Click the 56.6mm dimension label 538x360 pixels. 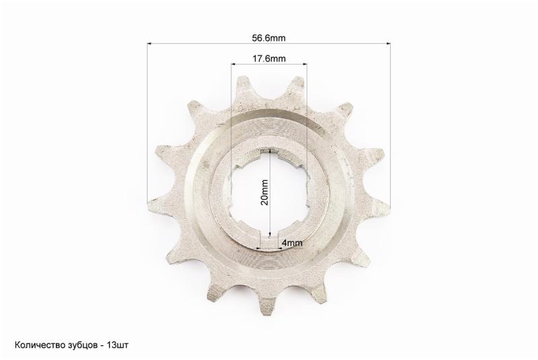click(268, 38)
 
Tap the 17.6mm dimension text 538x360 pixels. click(269, 59)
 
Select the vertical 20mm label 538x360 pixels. click(264, 192)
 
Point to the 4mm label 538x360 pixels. click(292, 243)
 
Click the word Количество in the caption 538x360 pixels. click(38, 345)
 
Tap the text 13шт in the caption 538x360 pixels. click(118, 345)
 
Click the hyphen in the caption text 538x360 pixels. click(102, 346)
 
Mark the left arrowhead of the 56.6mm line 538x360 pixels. click(149, 44)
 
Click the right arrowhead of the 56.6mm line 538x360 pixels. click(389, 44)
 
